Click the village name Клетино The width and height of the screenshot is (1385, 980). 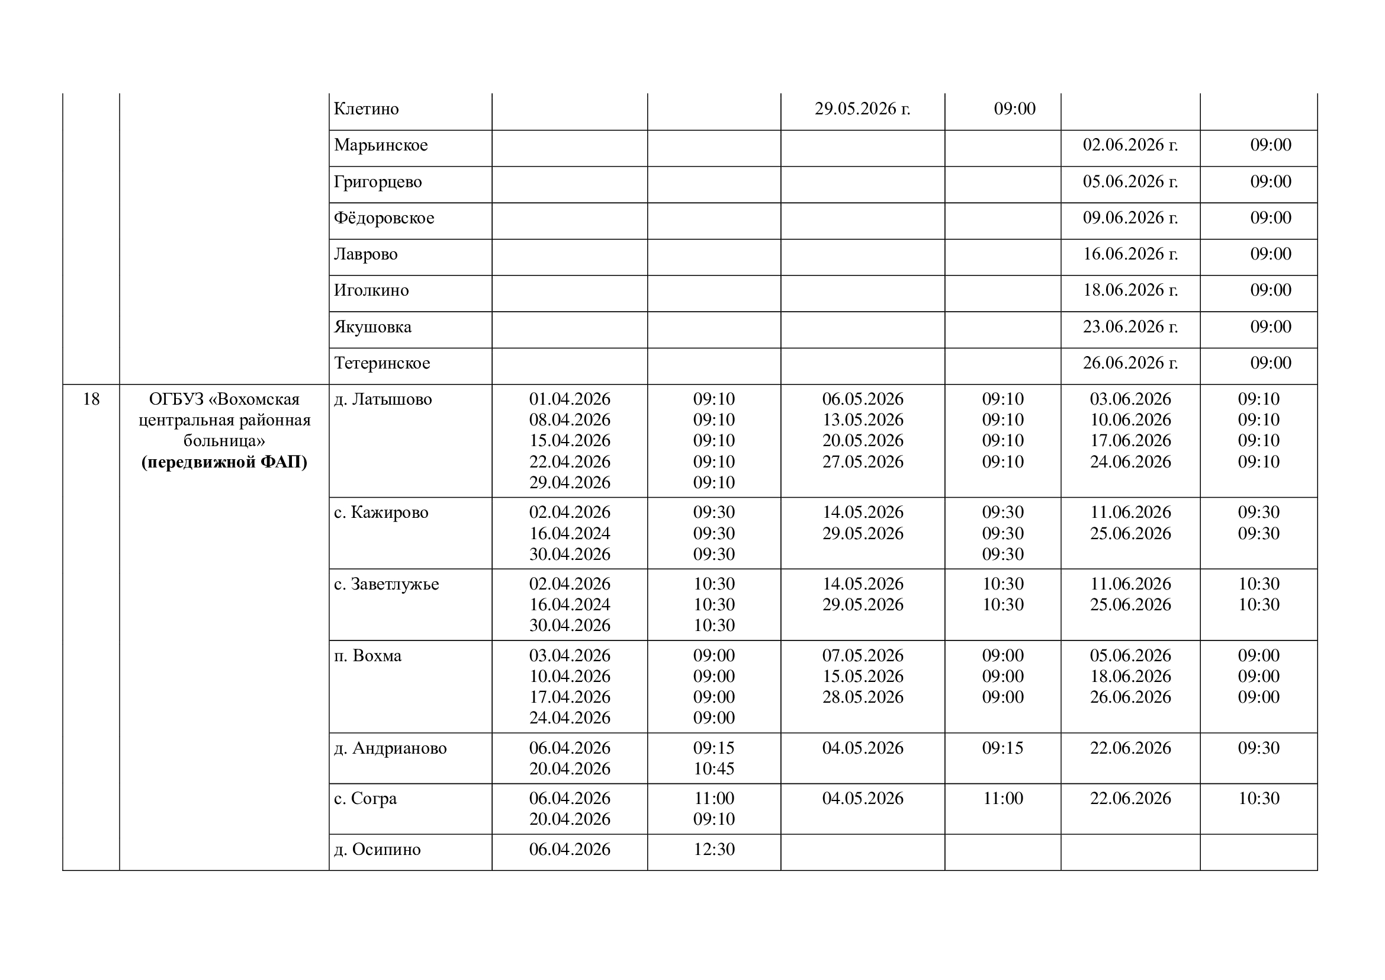point(366,109)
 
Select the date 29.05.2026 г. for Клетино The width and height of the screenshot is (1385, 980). point(862,109)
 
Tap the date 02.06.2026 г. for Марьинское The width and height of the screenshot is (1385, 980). point(1130,145)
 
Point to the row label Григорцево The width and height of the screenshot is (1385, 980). point(378,182)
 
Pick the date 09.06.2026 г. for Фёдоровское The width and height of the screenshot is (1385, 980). point(1130,218)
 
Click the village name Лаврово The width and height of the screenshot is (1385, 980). point(365,254)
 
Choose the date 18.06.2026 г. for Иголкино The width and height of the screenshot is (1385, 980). point(1130,290)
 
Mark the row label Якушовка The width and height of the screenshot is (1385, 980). point(372,327)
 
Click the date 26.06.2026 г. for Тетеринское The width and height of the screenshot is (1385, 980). point(1130,363)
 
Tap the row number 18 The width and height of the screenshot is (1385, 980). point(91,399)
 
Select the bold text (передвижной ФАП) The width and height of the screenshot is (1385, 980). point(224,462)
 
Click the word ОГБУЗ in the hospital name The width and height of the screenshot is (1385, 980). point(176,399)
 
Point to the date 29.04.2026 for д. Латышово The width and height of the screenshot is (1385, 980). point(570,483)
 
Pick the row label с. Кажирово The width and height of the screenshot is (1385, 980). point(381,513)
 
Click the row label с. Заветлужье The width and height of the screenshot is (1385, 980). point(386,584)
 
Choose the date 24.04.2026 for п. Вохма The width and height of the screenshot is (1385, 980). point(570,718)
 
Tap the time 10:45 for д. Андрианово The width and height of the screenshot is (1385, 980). point(714,769)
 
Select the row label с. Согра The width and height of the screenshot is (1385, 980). point(365,798)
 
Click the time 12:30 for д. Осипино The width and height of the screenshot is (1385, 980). point(714,850)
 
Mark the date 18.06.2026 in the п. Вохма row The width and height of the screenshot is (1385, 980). point(1130,677)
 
